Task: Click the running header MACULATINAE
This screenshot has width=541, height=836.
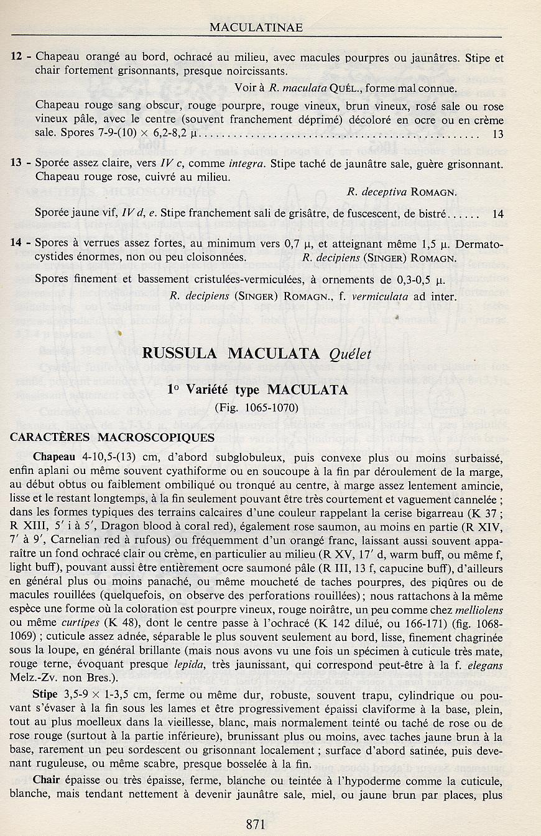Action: (x=256, y=27)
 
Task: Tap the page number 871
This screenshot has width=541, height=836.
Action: (x=256, y=824)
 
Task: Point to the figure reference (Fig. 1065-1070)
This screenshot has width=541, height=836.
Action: (x=256, y=408)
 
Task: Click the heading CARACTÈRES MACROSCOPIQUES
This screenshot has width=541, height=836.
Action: (x=113, y=437)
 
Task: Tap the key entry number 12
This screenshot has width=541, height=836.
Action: (x=17, y=58)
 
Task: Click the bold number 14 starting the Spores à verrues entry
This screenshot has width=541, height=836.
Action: (x=17, y=243)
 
